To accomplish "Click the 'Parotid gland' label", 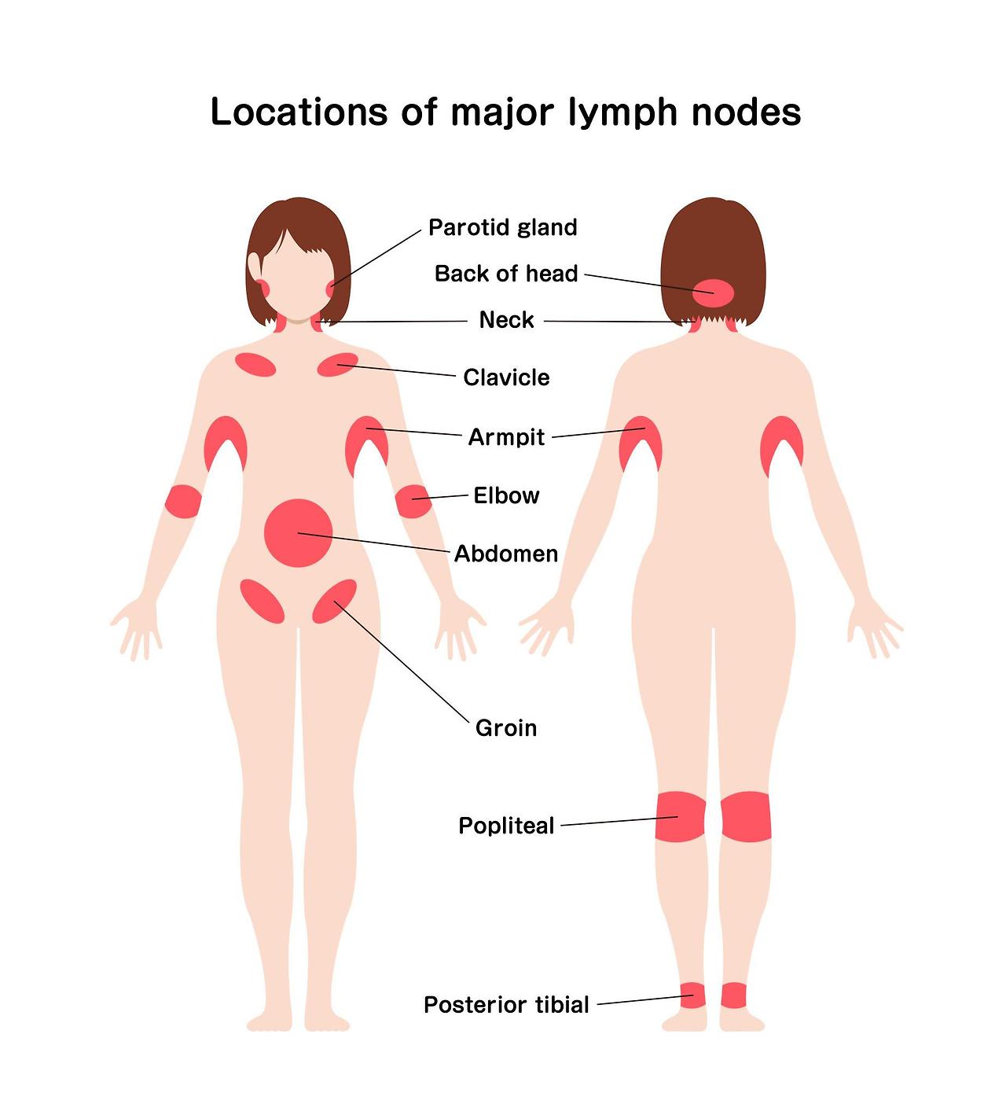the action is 502,228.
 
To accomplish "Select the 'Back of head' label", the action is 506,274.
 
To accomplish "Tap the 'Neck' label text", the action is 506,320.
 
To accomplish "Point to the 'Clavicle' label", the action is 506,377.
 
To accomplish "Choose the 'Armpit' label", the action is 506,437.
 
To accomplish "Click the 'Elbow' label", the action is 506,495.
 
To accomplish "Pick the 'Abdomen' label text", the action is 506,554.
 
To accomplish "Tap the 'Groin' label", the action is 506,728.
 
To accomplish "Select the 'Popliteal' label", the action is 506,826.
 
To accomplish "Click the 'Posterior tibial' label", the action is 506,1005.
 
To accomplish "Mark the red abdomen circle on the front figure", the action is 298,532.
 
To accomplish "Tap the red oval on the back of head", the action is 713,293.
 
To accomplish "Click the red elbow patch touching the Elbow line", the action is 413,501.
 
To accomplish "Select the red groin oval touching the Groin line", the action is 334,602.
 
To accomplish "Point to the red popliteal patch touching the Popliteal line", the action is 680,817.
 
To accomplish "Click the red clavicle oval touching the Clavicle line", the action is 337,364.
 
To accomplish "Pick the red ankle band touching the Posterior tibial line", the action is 692,995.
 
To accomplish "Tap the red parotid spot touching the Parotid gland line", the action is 330,289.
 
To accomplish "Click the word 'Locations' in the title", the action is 299,112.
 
